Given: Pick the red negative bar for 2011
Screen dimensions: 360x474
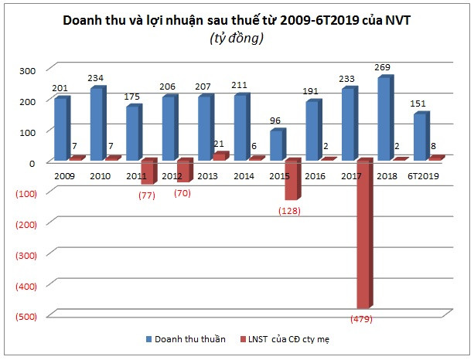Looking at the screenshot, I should [x=148, y=172].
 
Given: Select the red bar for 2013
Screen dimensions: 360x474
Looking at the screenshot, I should [x=220, y=157].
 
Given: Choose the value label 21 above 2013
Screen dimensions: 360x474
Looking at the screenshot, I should [x=220, y=144].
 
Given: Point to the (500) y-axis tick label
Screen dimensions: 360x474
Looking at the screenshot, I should [x=24, y=316].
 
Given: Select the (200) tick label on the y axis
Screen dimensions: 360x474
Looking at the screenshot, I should [x=24, y=224].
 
